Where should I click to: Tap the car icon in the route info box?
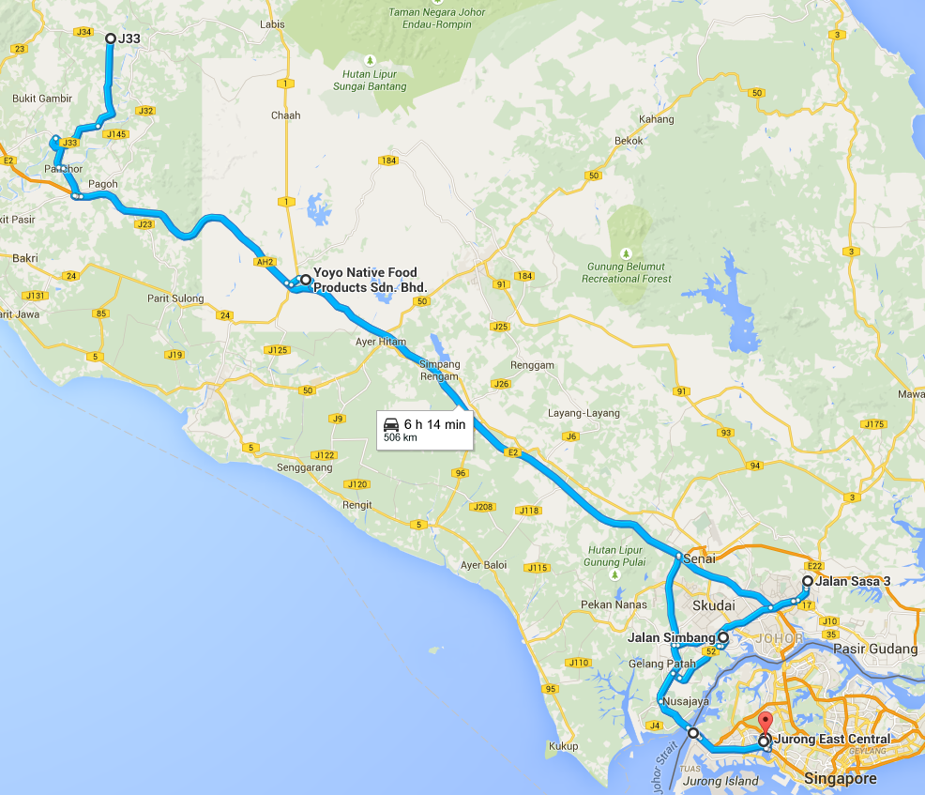(391, 424)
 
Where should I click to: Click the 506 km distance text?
(401, 437)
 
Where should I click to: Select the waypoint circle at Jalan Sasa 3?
(807, 581)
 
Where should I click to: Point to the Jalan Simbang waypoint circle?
(723, 637)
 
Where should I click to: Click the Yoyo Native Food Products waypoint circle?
(305, 280)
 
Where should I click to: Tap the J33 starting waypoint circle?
(110, 38)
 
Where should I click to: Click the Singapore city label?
(840, 779)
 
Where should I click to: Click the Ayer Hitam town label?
(381, 342)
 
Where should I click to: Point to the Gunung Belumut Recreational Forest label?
(627, 272)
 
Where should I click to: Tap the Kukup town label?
(564, 746)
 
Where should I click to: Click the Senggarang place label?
(305, 466)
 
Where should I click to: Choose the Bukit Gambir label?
(41, 99)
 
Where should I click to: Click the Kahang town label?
(657, 119)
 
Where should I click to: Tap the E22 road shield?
(813, 567)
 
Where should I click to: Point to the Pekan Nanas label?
(614, 604)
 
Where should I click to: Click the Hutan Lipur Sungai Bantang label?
(370, 81)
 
